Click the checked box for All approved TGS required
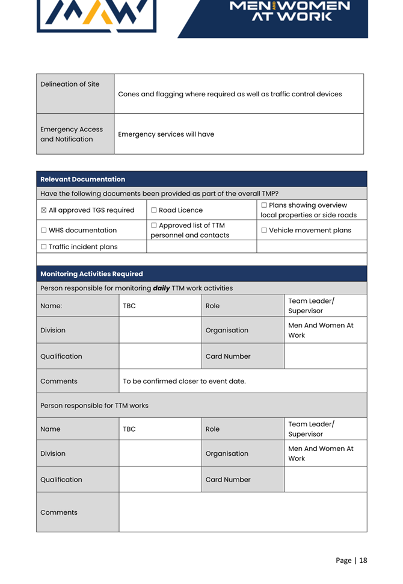coord(44,210)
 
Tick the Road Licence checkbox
coord(154,210)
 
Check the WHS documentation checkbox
coord(44,230)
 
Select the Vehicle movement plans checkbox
coord(264,230)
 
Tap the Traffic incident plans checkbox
coord(44,247)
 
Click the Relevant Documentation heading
coord(82,179)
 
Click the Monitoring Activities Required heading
coord(91,274)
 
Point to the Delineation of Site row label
coord(70,84)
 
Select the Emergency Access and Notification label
coord(71,134)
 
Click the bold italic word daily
coord(161,288)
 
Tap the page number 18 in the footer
coord(363,561)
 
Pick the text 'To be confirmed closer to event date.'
coord(184,381)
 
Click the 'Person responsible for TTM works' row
coord(94,406)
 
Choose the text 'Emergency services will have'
coord(166,134)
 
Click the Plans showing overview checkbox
coord(264,205)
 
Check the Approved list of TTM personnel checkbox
coord(154,225)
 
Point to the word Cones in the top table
coord(129,95)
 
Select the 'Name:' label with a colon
coord(51,306)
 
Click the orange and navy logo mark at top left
coord(96,14)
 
